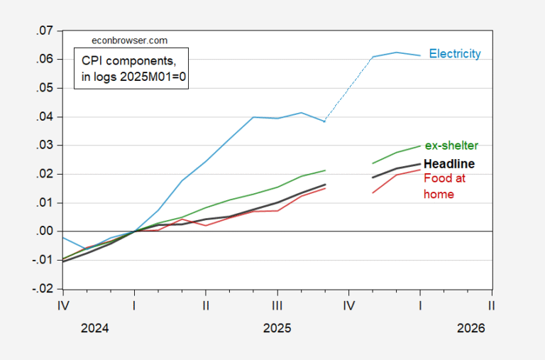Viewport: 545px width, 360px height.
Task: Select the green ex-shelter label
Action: [x=451, y=146]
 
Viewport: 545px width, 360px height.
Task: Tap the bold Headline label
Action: [x=449, y=164]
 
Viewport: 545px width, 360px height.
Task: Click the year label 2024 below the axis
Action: [x=94, y=329]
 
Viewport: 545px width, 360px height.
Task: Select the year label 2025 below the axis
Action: [x=277, y=329]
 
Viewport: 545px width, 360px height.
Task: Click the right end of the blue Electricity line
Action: [x=421, y=55]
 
